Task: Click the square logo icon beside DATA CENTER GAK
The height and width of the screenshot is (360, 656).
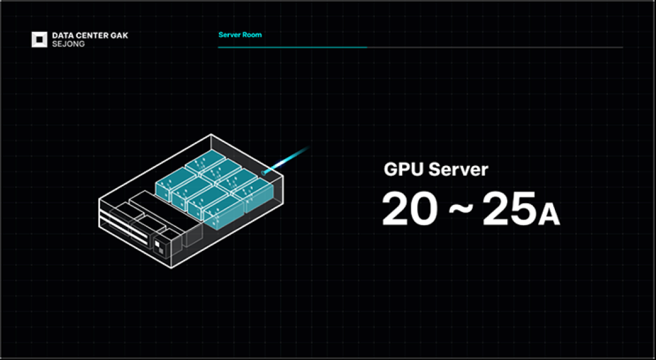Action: (x=39, y=39)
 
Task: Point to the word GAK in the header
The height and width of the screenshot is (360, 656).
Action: (x=119, y=36)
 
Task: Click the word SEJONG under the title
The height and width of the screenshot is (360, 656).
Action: (x=68, y=44)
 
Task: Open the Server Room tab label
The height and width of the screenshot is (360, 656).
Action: (x=240, y=35)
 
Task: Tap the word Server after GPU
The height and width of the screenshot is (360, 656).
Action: (x=458, y=170)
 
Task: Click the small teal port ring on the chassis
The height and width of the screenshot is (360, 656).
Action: (x=264, y=172)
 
